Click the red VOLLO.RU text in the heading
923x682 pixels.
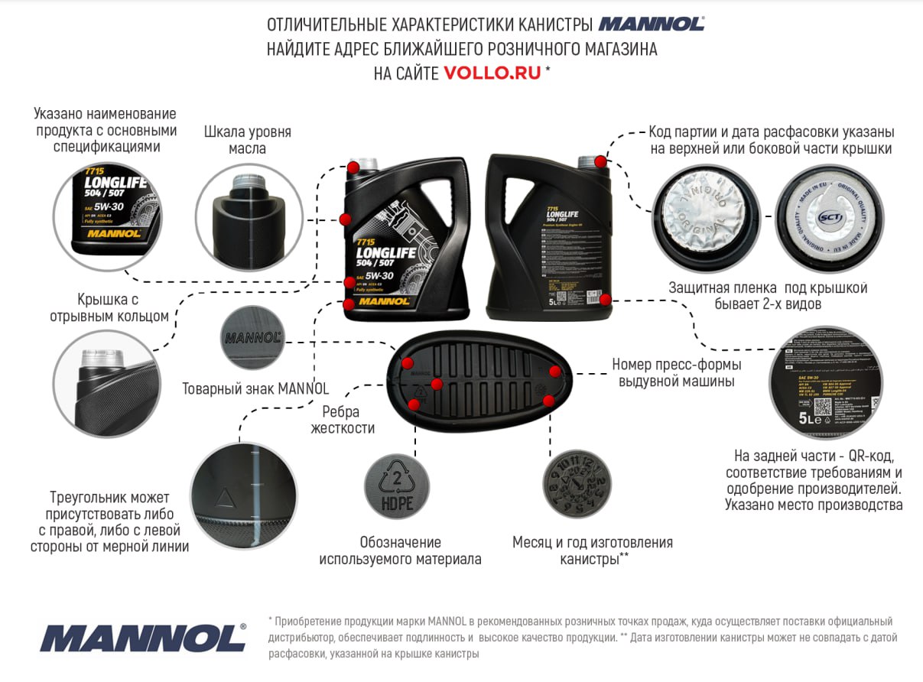click(x=492, y=73)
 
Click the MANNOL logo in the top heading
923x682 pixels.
click(x=652, y=24)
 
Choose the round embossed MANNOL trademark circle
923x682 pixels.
click(x=252, y=337)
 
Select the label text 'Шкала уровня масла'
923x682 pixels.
click(x=248, y=140)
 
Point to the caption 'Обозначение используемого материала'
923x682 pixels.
click(x=399, y=550)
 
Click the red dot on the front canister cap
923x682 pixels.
click(x=353, y=167)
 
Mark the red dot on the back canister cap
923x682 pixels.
click(x=601, y=162)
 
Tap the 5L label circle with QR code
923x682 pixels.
click(x=825, y=382)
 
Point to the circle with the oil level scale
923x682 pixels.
click(x=249, y=218)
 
